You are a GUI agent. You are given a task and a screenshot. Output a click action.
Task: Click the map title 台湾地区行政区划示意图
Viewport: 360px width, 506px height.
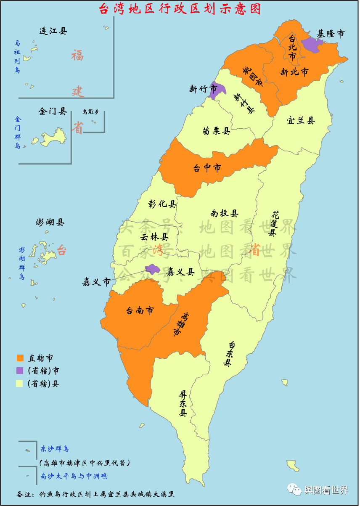(180, 9)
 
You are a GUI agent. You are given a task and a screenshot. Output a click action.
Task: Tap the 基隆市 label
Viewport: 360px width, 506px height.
(331, 34)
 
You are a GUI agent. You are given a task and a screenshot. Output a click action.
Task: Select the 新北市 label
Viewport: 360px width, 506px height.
(294, 72)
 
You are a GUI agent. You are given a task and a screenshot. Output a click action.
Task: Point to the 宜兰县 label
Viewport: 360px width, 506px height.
(301, 121)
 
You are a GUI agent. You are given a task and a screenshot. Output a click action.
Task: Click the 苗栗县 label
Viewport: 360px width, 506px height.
(216, 131)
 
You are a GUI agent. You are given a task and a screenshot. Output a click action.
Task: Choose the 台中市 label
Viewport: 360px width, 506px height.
(207, 168)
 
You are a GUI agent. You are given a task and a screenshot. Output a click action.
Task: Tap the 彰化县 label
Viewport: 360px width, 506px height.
(162, 204)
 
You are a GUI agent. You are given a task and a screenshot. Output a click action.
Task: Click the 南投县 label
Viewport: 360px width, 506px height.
(225, 214)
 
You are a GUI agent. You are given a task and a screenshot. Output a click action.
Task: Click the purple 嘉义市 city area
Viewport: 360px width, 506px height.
(151, 268)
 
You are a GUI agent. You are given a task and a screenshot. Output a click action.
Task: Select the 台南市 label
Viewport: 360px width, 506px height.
(140, 311)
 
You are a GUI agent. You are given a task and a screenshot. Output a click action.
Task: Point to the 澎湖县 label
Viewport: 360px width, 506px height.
(50, 223)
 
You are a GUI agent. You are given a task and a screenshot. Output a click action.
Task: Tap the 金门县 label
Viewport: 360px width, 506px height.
(53, 111)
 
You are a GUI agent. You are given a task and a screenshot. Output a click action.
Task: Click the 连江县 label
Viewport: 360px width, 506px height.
(53, 31)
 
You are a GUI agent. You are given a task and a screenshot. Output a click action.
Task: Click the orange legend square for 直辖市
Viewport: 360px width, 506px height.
(20, 358)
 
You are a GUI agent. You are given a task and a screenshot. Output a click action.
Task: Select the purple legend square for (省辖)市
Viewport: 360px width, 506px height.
(20, 371)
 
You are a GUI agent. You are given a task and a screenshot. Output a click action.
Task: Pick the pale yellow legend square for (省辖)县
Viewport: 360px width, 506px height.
(20, 383)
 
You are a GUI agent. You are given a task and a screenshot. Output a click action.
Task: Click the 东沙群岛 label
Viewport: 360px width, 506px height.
(55, 448)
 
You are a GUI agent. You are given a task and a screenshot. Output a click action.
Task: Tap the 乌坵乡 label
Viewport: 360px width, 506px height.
(90, 112)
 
